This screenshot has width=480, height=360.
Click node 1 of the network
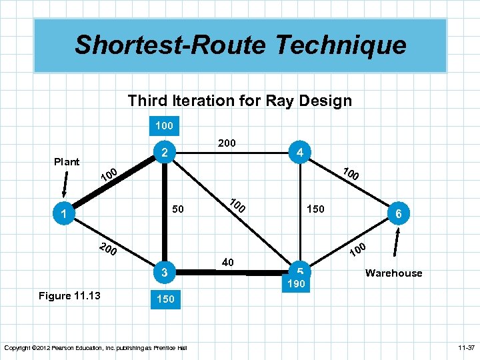62,214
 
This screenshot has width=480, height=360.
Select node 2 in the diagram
164,152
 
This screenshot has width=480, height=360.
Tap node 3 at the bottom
164,272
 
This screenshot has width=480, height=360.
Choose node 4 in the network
301,153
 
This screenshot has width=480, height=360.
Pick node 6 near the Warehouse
398,214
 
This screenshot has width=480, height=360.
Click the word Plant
67,161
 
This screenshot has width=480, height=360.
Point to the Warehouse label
393,273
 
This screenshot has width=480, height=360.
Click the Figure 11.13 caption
65,295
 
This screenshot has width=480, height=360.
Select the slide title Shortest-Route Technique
240,45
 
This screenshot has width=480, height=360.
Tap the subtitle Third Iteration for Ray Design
239,101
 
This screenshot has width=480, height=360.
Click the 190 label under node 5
297,284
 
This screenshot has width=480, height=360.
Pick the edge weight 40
227,263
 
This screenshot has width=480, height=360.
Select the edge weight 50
177,209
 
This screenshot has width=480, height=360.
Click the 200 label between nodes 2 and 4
227,143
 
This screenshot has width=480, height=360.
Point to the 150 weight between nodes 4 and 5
315,209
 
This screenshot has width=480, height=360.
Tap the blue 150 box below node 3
165,299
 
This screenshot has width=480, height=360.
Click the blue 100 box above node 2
164,125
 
